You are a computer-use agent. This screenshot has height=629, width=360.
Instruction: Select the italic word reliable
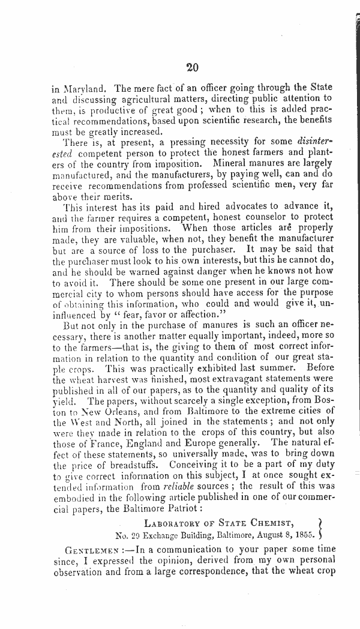[x=181, y=486]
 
